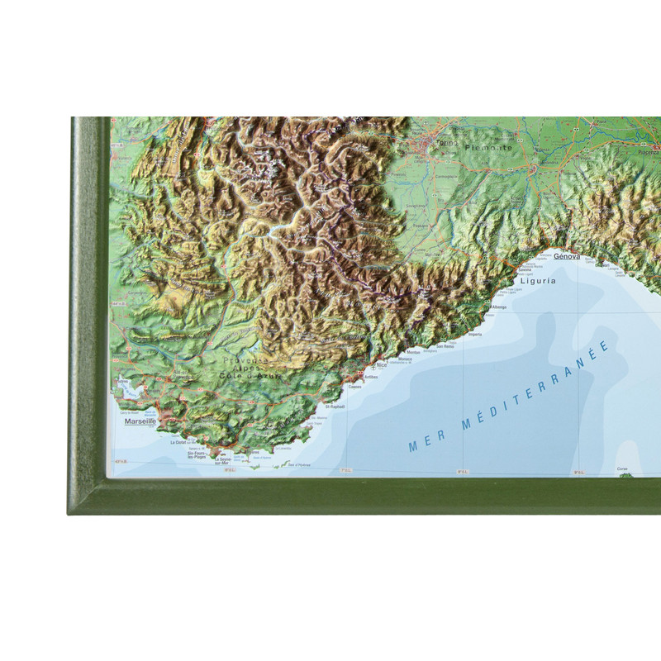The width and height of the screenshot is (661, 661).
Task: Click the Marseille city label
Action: point(140,421)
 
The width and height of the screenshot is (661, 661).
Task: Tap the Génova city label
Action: point(568,257)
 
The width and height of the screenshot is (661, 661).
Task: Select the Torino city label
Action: point(446,142)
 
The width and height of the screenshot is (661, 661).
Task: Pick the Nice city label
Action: point(381,364)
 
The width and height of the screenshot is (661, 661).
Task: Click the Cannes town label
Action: point(355,386)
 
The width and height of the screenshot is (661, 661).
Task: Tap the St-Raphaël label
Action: point(335,407)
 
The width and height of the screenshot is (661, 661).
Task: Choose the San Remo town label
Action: point(445,346)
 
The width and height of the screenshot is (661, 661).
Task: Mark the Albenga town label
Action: point(499,307)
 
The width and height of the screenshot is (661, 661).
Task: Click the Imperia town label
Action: point(474,335)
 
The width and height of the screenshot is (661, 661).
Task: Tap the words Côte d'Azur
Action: point(251,377)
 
